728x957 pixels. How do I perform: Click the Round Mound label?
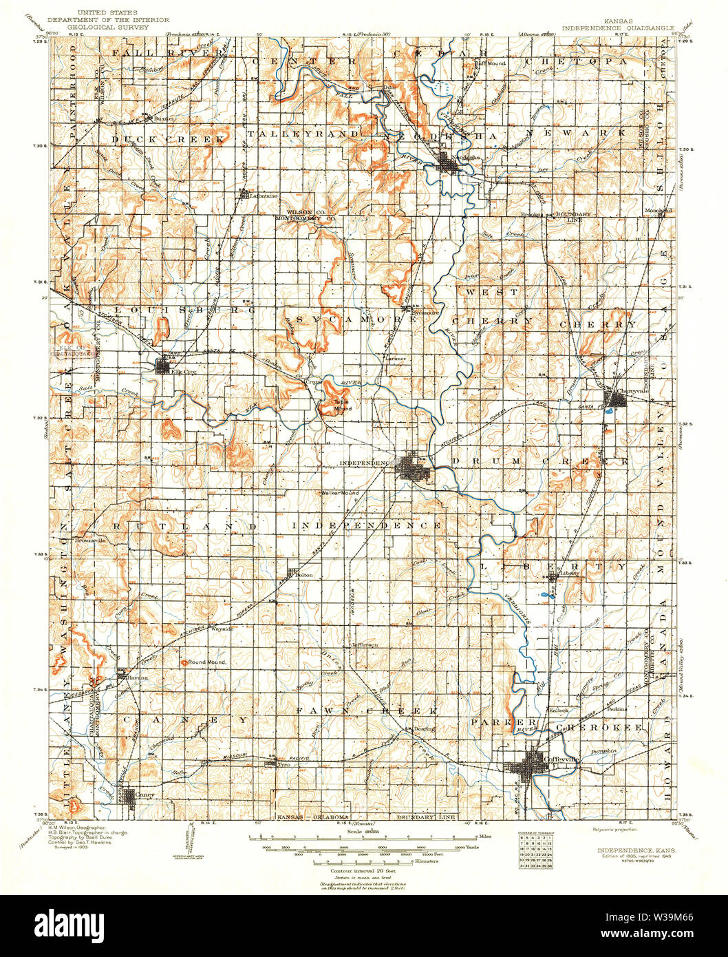pyautogui.click(x=208, y=662)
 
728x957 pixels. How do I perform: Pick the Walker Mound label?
pyautogui.click(x=341, y=494)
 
